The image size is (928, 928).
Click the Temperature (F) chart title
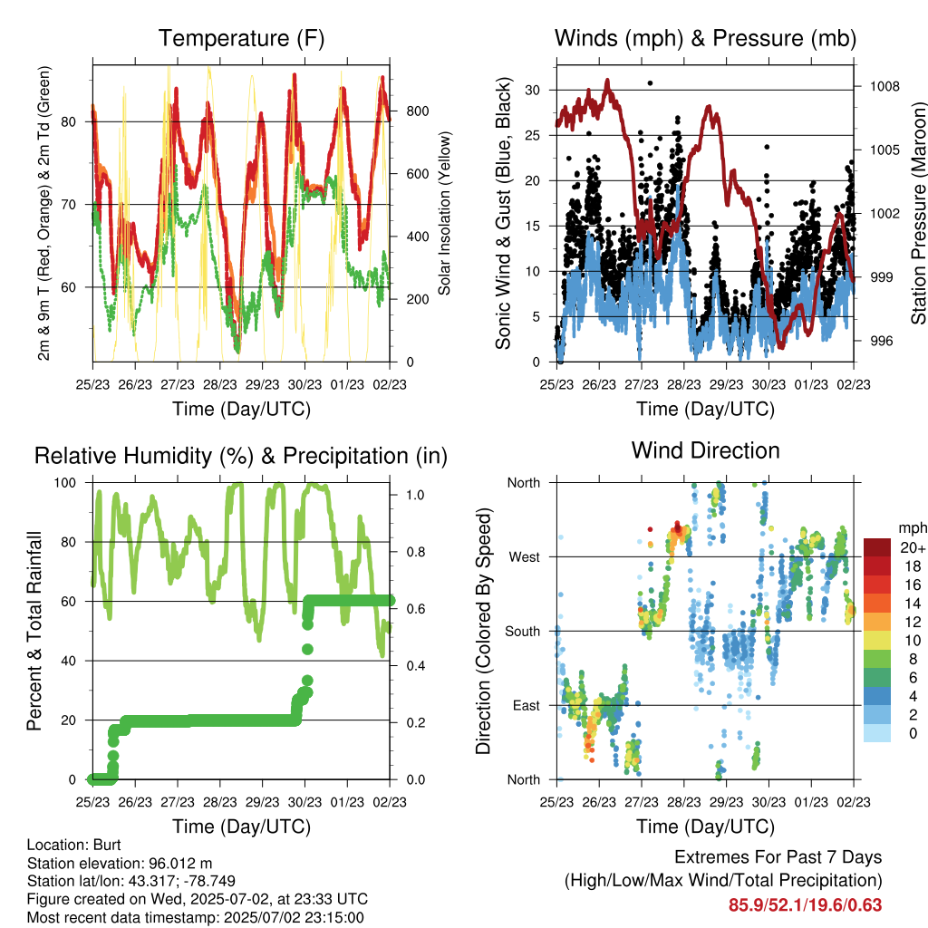pos(241,38)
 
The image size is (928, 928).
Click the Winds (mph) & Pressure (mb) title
pos(705,38)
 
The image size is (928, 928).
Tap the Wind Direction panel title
pos(705,450)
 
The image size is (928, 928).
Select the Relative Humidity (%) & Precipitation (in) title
pos(241,457)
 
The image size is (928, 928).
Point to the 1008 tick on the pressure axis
pos(884,86)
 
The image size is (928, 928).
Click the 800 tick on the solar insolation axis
pos(418,111)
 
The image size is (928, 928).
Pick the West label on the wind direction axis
pos(525,557)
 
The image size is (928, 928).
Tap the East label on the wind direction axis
pos(527,705)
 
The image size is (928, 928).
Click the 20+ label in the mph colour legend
pos(913,547)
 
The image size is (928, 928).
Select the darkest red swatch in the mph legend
pos(876,547)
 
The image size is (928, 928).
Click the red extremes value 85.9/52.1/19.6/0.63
pos(805,905)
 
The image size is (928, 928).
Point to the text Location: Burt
pos(74,845)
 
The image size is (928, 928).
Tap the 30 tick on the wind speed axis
pos(532,90)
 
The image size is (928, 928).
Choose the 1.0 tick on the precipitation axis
pos(415,495)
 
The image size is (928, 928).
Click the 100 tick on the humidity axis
pos(65,483)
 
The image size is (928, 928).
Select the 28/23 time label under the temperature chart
pos(220,384)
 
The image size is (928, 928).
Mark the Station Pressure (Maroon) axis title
pos(918,213)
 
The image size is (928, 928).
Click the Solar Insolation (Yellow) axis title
pos(444,213)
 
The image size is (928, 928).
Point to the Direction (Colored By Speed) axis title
pos(484,631)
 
